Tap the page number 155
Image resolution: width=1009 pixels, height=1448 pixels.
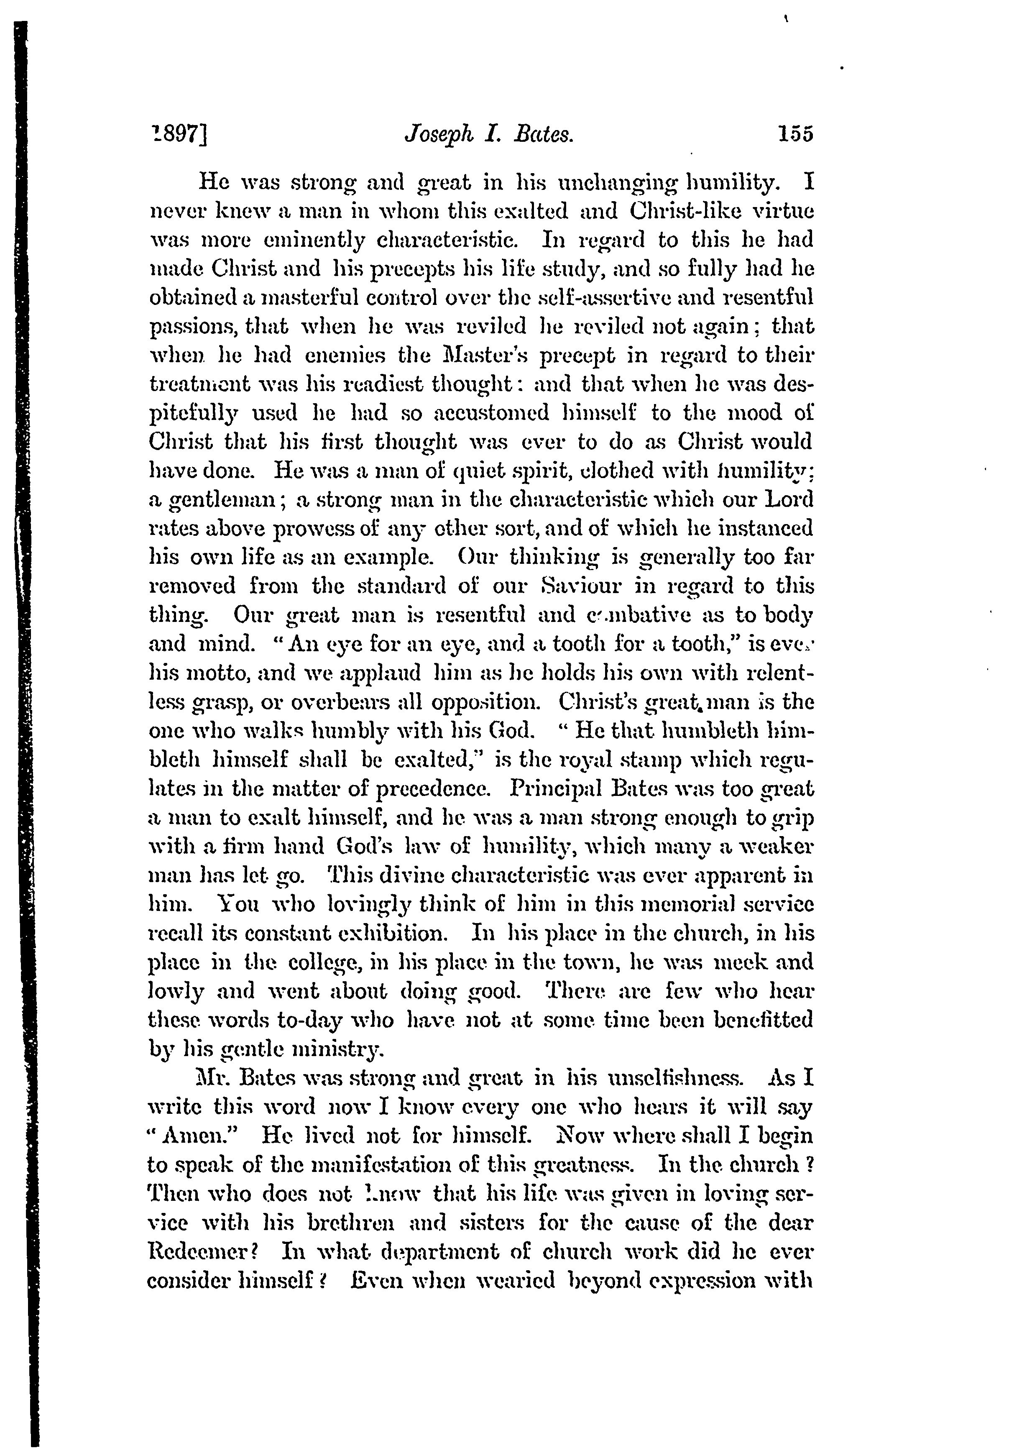pos(796,134)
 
